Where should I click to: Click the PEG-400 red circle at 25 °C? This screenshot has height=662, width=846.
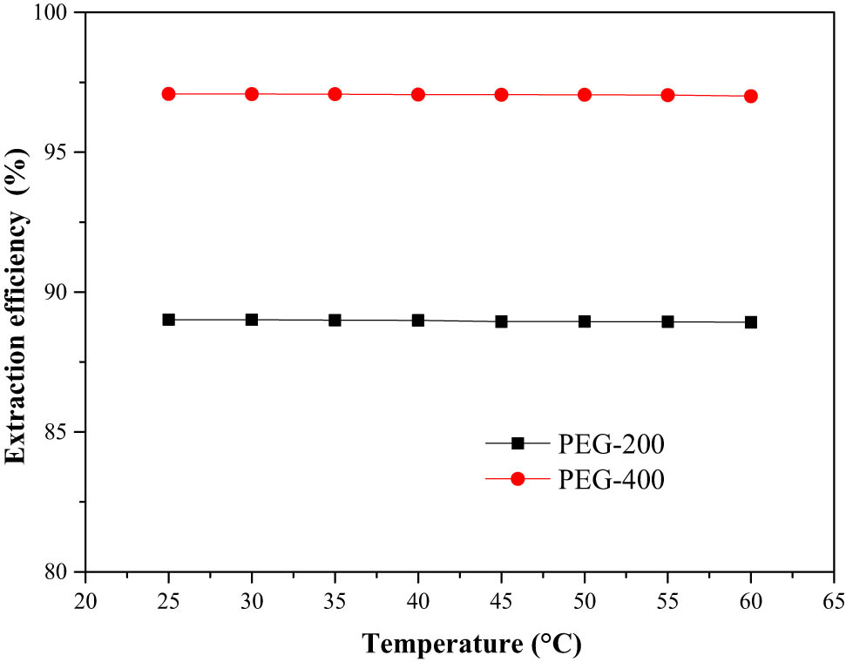pos(169,94)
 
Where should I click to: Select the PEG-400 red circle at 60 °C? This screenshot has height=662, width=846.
pos(751,96)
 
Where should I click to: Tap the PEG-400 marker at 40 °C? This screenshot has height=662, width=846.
pos(418,94)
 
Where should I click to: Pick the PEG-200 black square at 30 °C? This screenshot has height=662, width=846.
pos(252,320)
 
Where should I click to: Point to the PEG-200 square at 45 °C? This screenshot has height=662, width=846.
pos(501,321)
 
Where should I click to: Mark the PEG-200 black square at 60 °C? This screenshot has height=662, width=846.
pos(751,322)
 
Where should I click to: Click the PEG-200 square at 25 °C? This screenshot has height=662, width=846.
pos(169,320)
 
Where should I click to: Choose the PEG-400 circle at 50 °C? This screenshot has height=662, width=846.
pos(585,95)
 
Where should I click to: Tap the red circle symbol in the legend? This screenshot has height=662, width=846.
pos(518,478)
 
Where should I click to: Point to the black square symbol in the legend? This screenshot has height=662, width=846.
pos(518,443)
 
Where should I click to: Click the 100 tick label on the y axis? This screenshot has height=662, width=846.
pos(58,13)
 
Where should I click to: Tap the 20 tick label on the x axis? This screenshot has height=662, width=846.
pos(85,600)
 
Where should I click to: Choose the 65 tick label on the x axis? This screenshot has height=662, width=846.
pos(834,600)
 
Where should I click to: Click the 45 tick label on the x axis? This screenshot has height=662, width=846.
pos(501,600)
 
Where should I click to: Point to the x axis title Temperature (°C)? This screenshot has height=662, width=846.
pos(471,644)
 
